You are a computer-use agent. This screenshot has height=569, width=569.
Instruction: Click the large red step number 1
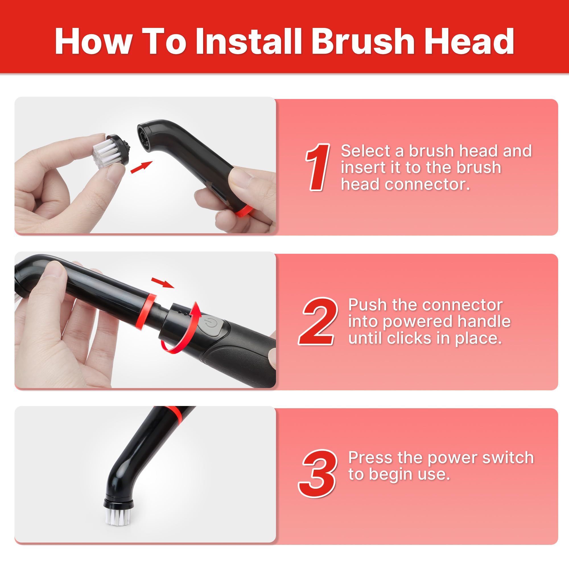click(x=318, y=167)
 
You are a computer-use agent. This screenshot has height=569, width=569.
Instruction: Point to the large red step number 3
click(x=317, y=474)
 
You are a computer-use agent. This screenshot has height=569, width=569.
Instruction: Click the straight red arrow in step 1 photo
click(x=142, y=167)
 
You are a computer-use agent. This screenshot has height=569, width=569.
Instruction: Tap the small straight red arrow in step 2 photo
click(x=162, y=283)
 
